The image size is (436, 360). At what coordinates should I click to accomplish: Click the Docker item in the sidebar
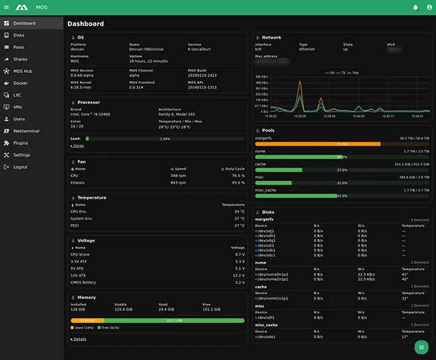[20, 83]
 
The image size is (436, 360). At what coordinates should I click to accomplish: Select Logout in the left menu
[20, 167]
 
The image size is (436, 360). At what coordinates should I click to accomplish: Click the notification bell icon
[415, 7]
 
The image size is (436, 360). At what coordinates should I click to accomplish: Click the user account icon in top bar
[429, 7]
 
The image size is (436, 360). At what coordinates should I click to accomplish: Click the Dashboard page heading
[85, 23]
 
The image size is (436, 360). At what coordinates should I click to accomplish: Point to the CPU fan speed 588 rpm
[178, 176]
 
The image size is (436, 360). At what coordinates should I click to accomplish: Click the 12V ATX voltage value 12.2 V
[239, 276]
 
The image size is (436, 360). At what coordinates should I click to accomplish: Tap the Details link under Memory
[79, 339]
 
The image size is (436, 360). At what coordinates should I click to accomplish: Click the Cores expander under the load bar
[78, 145]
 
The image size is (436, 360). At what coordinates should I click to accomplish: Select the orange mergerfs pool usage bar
[318, 143]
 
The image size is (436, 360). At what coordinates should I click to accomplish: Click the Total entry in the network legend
[354, 72]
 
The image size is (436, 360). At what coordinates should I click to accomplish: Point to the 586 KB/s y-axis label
[262, 77]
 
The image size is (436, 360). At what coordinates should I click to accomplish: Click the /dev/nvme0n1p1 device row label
[272, 274]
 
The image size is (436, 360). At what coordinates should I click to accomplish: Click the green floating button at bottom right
[421, 347]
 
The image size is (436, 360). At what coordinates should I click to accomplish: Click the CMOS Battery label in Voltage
[84, 282]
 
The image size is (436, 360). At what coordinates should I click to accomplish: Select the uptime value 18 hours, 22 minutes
[149, 61]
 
